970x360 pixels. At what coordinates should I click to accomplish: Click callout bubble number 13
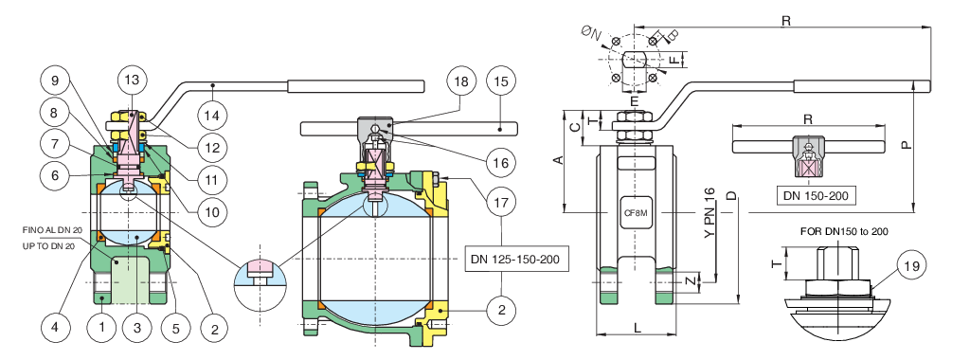[x=132, y=80]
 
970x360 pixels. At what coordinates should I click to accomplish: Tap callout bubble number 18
[x=461, y=81]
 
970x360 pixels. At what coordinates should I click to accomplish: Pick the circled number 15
[x=503, y=81]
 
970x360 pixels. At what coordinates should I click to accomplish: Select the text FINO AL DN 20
[x=53, y=229]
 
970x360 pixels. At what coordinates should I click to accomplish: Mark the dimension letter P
[x=906, y=145]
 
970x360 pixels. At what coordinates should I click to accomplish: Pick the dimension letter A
[x=557, y=160]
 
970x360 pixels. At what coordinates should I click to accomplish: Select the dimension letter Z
[x=690, y=282]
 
